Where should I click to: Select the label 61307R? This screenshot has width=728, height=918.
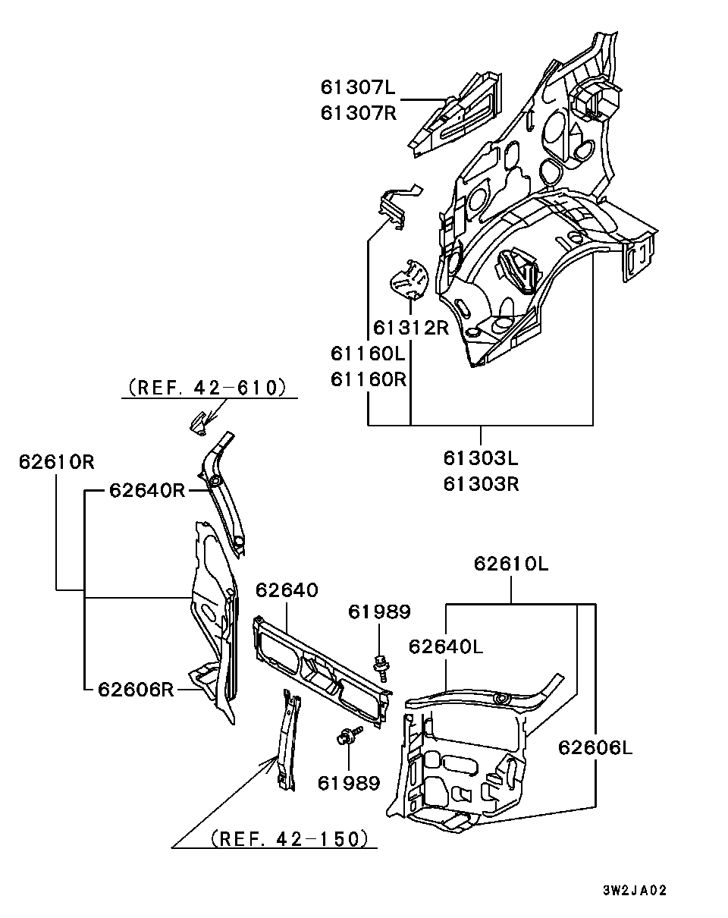358,113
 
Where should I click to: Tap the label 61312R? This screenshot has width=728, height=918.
410,329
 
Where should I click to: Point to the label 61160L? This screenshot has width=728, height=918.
369,354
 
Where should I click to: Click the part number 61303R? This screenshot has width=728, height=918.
481,483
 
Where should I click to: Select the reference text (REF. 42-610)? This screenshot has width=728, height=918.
208,388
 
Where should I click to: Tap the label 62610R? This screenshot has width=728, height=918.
57,461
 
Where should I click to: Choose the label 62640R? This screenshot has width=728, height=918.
147,490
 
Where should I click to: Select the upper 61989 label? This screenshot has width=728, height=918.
379,612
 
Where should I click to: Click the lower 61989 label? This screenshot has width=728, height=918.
349,782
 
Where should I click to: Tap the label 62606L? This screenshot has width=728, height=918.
595,748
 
